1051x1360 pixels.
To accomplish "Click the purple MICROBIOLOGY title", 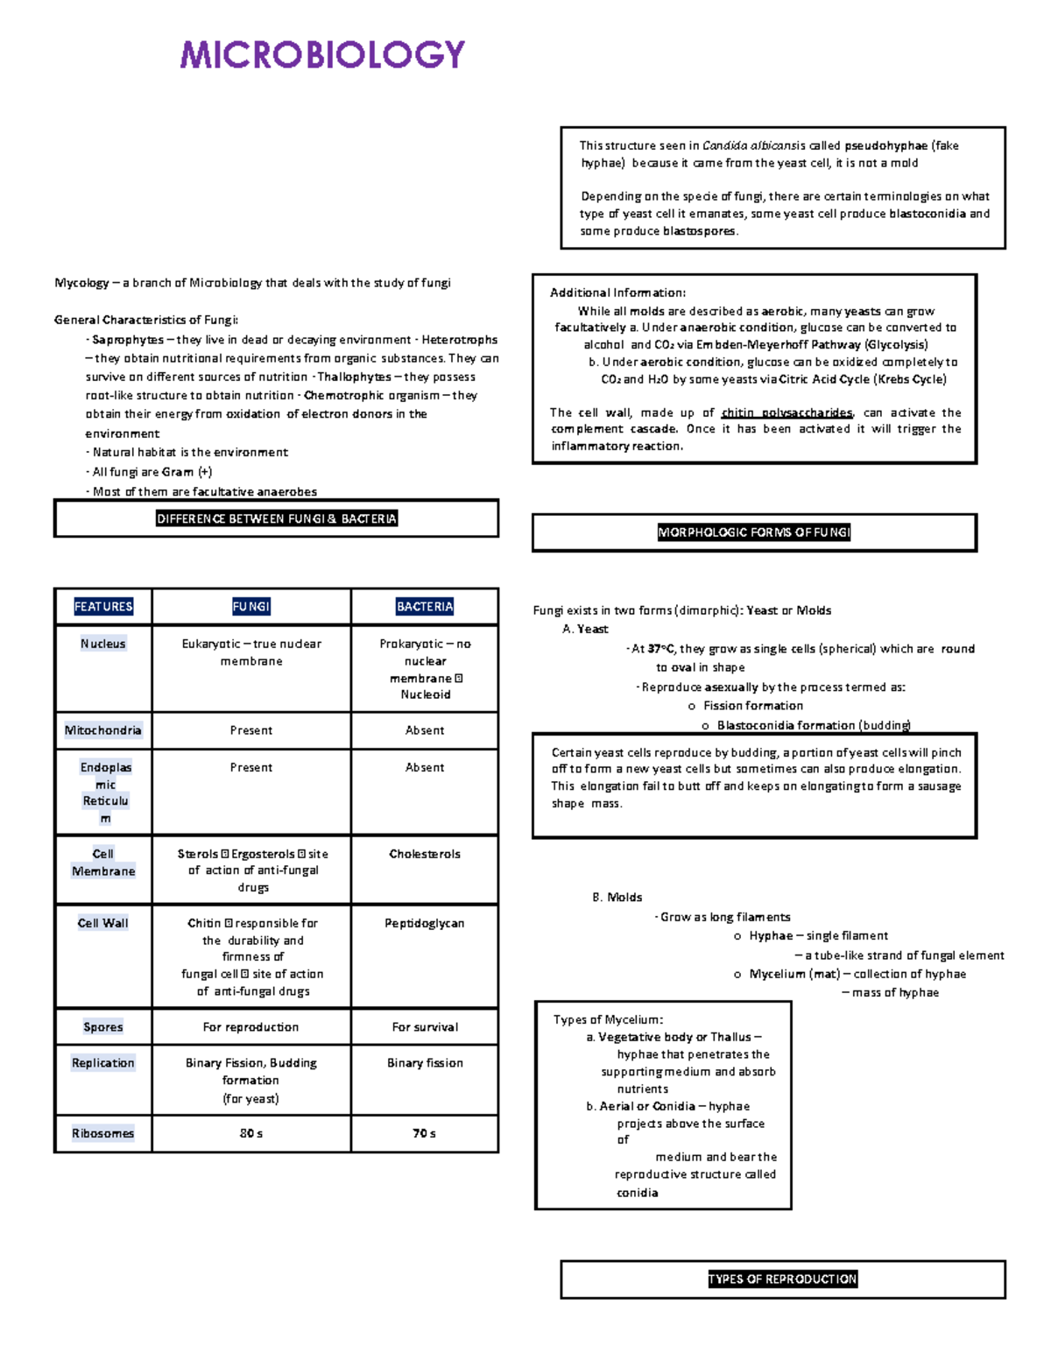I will [x=322, y=54].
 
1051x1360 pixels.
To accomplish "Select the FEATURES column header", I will [x=103, y=607].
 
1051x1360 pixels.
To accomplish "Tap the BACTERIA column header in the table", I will [x=425, y=607].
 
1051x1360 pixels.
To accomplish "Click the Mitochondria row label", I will [x=102, y=730].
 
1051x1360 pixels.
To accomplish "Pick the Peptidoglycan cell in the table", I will [x=425, y=923].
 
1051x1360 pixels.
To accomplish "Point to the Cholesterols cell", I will [x=425, y=854].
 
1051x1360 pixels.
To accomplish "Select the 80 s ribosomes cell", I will [x=251, y=1133].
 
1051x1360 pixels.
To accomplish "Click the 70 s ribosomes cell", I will [x=425, y=1133].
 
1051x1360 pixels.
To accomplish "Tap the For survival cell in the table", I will [x=425, y=1027].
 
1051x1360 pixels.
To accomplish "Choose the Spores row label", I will [x=103, y=1027].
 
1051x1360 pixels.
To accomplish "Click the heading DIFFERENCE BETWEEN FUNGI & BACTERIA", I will [x=277, y=519].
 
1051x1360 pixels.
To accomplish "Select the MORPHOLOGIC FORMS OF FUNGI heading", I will [x=754, y=532].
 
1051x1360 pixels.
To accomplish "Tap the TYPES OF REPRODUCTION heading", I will [x=782, y=1279].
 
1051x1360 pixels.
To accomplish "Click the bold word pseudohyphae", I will [x=885, y=146].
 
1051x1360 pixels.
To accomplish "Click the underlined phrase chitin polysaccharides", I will [x=786, y=412].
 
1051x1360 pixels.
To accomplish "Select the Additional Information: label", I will [x=617, y=293].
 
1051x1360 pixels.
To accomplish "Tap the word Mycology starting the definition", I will [x=81, y=283].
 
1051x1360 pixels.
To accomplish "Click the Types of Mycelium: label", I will [x=608, y=1020].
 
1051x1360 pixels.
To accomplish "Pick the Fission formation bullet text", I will [x=753, y=706].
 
